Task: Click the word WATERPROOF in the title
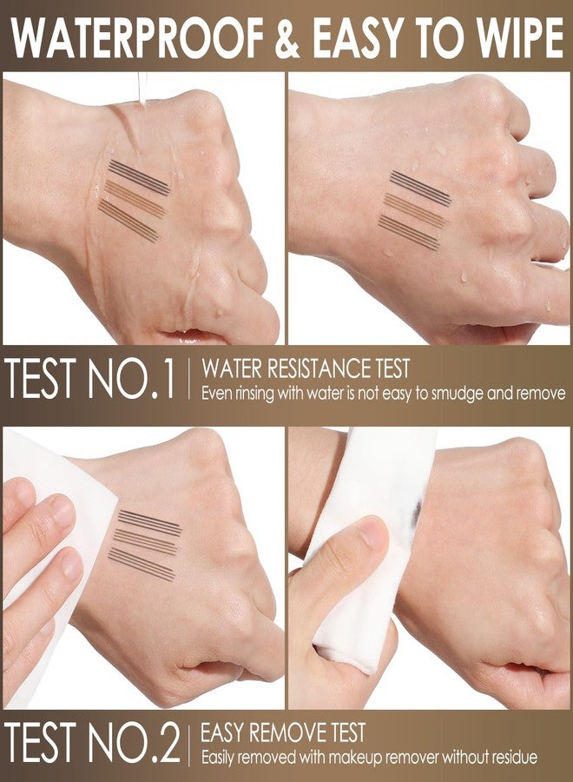pyautogui.click(x=137, y=38)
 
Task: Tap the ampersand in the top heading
pyautogui.click(x=287, y=38)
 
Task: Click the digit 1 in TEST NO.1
pyautogui.click(x=167, y=381)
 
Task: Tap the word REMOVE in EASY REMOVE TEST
pyautogui.click(x=288, y=732)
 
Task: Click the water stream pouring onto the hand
pyautogui.click(x=142, y=89)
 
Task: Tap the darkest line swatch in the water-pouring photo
pyautogui.click(x=140, y=176)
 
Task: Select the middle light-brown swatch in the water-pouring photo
pyautogui.click(x=135, y=198)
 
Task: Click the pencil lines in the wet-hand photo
pyautogui.click(x=414, y=210)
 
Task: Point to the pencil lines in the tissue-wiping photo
pyautogui.click(x=145, y=545)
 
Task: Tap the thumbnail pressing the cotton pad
pyautogui.click(x=372, y=531)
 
